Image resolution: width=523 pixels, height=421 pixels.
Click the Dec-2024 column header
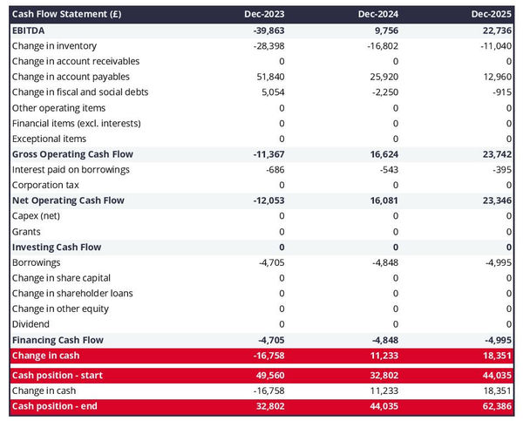click(378, 15)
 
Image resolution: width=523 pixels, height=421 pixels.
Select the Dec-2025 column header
click(491, 15)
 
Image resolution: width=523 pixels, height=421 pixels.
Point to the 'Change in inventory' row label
click(54, 45)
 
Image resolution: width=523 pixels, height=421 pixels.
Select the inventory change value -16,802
click(378, 45)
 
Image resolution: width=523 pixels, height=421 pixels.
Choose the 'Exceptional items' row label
click(49, 139)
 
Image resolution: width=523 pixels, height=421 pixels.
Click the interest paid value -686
click(272, 169)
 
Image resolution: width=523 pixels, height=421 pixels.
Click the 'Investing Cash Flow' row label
click(56, 247)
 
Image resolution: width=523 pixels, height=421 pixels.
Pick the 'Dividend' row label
click(31, 324)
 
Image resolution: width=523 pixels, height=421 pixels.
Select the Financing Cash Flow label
click(58, 340)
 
